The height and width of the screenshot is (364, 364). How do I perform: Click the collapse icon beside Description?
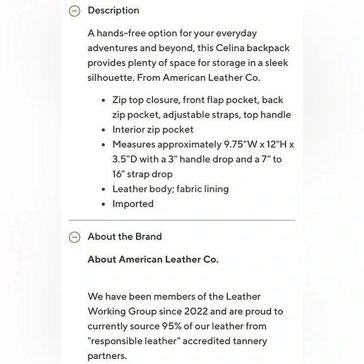tap(75, 11)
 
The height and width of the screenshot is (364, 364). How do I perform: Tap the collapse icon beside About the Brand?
tap(75, 237)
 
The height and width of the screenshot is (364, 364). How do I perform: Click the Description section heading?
tap(113, 11)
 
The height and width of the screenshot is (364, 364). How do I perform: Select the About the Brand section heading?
tap(125, 237)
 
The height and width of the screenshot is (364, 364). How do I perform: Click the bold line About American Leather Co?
tap(153, 260)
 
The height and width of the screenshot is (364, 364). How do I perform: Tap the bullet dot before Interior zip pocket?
tap(103, 130)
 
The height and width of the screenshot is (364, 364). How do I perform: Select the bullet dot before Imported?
tap(103, 204)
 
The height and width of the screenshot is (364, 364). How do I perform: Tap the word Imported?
tap(133, 204)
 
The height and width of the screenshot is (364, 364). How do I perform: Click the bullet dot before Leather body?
tap(103, 189)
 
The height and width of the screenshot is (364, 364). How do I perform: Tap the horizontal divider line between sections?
tap(182, 220)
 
